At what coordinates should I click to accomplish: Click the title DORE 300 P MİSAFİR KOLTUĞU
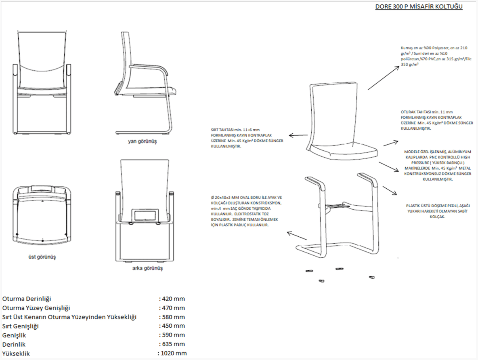point(419,7)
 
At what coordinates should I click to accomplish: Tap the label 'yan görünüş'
point(142,142)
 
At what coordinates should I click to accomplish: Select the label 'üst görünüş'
point(42,257)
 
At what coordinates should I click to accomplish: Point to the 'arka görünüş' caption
point(147,268)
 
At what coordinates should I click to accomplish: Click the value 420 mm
point(173,299)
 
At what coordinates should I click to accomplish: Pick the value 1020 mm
point(172,353)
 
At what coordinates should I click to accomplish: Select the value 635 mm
point(173,344)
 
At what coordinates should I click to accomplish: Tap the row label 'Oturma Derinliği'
point(27,299)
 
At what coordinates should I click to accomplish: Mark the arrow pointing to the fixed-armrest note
point(388,191)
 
